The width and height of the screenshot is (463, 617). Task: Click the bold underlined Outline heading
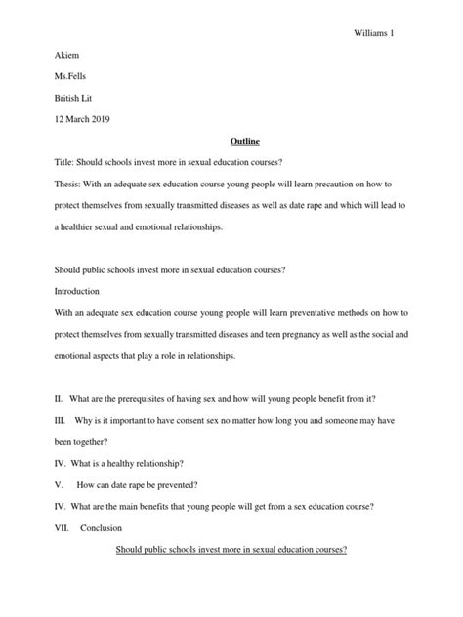tap(231, 141)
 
